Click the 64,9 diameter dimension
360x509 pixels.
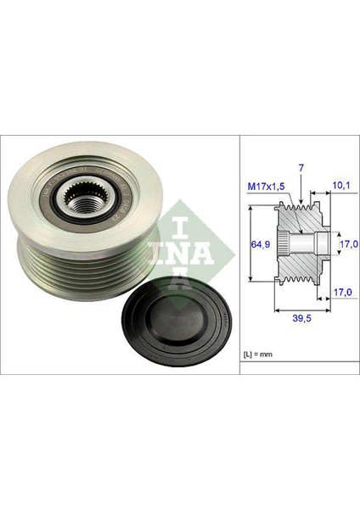coord(262,244)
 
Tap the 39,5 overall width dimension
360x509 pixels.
coord(293,321)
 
